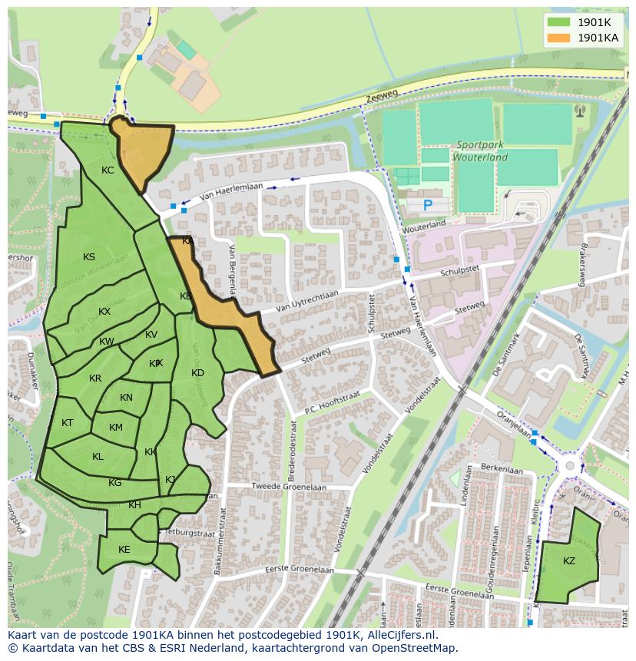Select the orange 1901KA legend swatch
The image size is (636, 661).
(x=559, y=37)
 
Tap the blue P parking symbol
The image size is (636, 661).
(x=428, y=205)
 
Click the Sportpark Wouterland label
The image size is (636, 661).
(x=482, y=150)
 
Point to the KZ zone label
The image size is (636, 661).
(x=568, y=561)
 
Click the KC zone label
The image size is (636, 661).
(x=108, y=170)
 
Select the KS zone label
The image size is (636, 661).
(x=89, y=257)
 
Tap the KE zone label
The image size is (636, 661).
(x=124, y=549)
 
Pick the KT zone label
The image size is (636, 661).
(x=67, y=423)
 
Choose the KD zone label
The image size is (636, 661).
(x=197, y=373)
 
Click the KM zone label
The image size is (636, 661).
(x=115, y=428)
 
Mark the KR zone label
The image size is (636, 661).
(x=95, y=378)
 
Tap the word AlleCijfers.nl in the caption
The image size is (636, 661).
(x=399, y=635)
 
